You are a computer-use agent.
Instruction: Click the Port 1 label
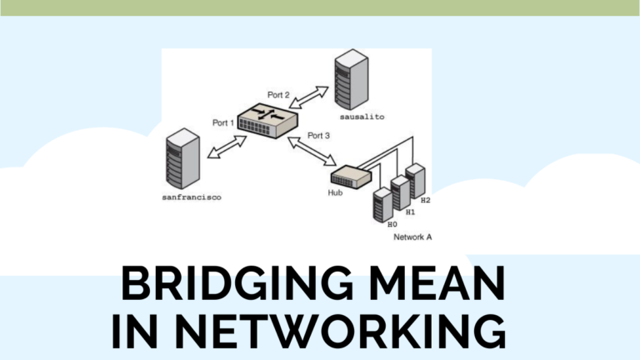point(224,123)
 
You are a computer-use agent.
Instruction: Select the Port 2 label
point(278,95)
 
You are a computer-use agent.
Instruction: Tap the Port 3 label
point(319,135)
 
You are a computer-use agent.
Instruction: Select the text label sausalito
point(363,117)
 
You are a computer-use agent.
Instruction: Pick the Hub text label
point(335,192)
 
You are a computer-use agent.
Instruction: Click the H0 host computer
point(382,203)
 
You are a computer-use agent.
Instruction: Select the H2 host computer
point(415,181)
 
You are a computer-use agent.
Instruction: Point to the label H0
point(392,224)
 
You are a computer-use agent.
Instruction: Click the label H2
point(425,201)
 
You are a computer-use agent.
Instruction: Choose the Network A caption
point(412,237)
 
